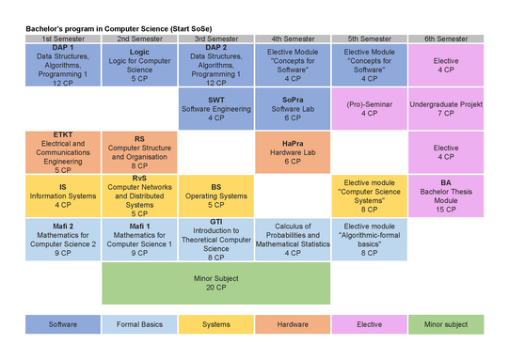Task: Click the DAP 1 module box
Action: pos(63,65)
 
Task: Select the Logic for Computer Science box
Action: pos(139,65)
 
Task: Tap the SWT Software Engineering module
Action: pos(216,109)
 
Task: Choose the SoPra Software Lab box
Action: pos(293,109)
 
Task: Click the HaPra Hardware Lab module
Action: pos(293,152)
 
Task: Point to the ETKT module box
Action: pos(63,152)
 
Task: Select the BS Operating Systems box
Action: pos(216,196)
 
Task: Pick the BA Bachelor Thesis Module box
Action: pos(446,196)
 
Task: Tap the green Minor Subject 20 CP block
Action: pos(216,283)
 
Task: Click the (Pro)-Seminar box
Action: pos(370,109)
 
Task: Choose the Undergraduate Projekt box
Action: pos(446,109)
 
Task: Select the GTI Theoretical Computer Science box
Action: pos(216,240)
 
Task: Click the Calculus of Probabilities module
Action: pos(293,240)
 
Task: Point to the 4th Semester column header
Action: pos(293,39)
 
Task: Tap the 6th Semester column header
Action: pos(446,39)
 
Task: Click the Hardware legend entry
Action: pos(293,324)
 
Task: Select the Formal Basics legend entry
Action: pos(139,324)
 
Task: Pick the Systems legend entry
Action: pos(216,324)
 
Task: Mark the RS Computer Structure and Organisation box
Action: pos(139,152)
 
